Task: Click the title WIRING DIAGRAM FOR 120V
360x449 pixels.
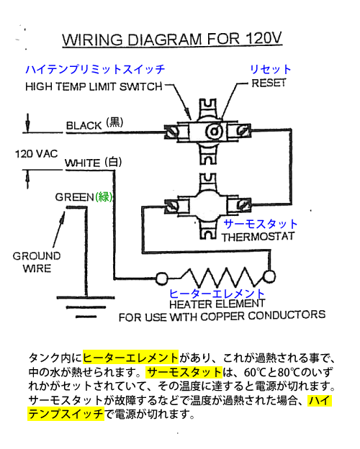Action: click(x=172, y=39)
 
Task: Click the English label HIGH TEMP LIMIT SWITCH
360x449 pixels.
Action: click(x=94, y=86)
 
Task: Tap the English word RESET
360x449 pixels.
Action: click(x=269, y=83)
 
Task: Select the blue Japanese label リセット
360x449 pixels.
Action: click(x=271, y=69)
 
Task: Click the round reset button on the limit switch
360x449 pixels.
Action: click(x=214, y=132)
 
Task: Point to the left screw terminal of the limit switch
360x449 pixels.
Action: click(x=171, y=132)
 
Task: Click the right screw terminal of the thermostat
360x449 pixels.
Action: click(x=243, y=204)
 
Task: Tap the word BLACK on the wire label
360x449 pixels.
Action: click(x=84, y=125)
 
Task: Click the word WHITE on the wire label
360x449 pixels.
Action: click(x=83, y=163)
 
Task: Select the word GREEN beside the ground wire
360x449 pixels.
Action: click(x=75, y=197)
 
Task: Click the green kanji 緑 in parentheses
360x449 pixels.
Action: click(x=104, y=197)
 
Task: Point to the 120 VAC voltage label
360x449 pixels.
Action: click(x=37, y=154)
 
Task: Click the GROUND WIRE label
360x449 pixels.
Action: click(x=37, y=262)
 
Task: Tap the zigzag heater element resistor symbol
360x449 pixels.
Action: click(x=218, y=277)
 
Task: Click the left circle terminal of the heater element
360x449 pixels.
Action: click(x=162, y=278)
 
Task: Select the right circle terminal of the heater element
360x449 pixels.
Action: click(x=269, y=277)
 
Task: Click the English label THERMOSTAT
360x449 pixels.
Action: click(x=258, y=237)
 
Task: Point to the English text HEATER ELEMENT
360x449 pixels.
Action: click(x=217, y=304)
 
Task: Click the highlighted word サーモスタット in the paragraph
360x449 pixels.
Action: click(x=184, y=372)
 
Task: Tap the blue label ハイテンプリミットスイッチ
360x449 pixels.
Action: click(x=95, y=70)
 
